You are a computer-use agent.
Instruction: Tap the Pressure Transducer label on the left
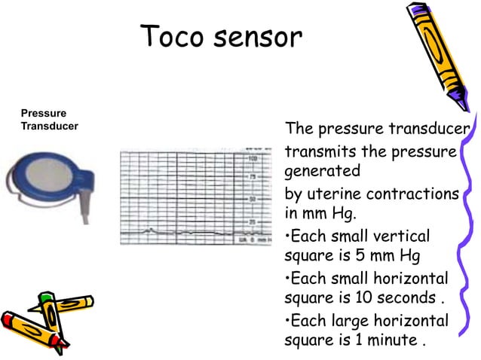click(x=50, y=120)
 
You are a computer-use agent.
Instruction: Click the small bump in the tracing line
click(x=151, y=229)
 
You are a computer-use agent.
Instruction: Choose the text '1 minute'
click(x=385, y=340)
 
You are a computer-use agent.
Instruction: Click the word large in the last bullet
click(x=340, y=321)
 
